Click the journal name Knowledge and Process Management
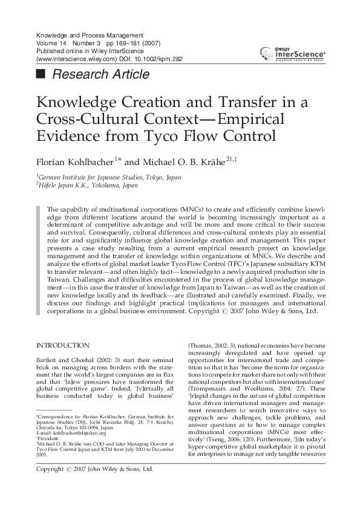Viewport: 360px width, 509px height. pyautogui.click(x=90, y=35)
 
